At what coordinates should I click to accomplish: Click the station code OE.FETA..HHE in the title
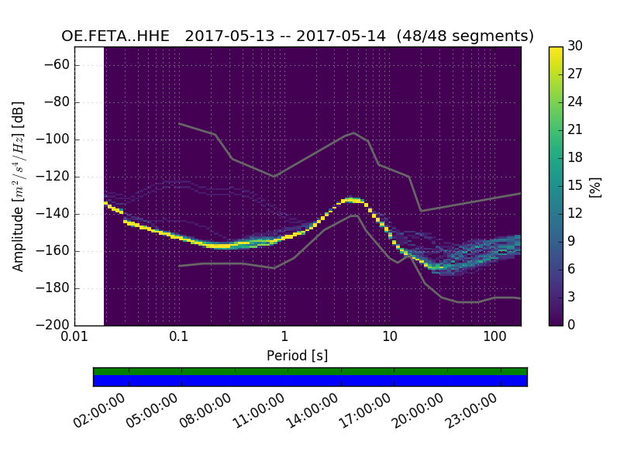pyautogui.click(x=115, y=36)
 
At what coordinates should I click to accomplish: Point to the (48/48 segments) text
pyautogui.click(x=465, y=36)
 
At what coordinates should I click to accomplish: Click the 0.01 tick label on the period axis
pyautogui.click(x=74, y=338)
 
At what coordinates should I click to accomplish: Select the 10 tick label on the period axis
pyautogui.click(x=389, y=338)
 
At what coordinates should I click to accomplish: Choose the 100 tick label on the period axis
pyautogui.click(x=494, y=338)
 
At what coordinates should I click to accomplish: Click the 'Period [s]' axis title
pyautogui.click(x=297, y=356)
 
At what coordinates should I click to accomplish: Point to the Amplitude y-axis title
pyautogui.click(x=18, y=186)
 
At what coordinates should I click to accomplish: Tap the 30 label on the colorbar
pyautogui.click(x=575, y=46)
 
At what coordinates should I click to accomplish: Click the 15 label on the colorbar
pyautogui.click(x=575, y=185)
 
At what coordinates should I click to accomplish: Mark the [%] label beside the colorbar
pyautogui.click(x=595, y=186)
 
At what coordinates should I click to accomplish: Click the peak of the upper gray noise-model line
pyautogui.click(x=354, y=133)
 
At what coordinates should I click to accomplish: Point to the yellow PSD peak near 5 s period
pyautogui.click(x=353, y=199)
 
